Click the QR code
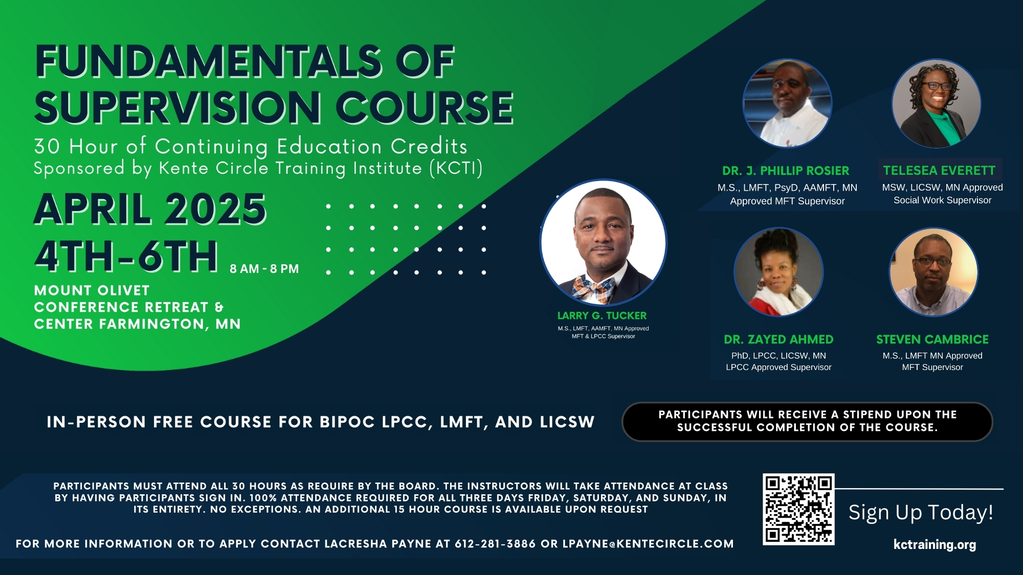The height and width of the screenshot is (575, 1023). click(x=798, y=509)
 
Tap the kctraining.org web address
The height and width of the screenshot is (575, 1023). click(x=935, y=545)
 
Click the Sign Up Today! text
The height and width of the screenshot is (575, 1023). click(x=921, y=512)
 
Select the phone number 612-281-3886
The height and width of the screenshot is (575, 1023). click(x=495, y=544)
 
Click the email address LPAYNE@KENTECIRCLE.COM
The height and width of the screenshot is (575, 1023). click(x=648, y=544)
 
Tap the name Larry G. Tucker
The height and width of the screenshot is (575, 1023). click(x=602, y=316)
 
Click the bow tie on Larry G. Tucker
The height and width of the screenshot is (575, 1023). click(x=593, y=289)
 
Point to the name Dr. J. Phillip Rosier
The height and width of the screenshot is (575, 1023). click(x=786, y=171)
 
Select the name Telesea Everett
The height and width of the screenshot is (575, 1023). click(x=939, y=170)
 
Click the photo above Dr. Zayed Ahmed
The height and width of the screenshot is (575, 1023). click(x=779, y=272)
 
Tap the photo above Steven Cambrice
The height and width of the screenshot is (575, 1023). click(x=933, y=272)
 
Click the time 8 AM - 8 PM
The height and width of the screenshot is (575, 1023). click(x=264, y=269)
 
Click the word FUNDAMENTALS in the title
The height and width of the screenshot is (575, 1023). click(x=208, y=61)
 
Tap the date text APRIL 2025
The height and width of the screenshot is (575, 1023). click(x=150, y=210)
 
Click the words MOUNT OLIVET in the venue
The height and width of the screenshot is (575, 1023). click(x=92, y=290)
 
